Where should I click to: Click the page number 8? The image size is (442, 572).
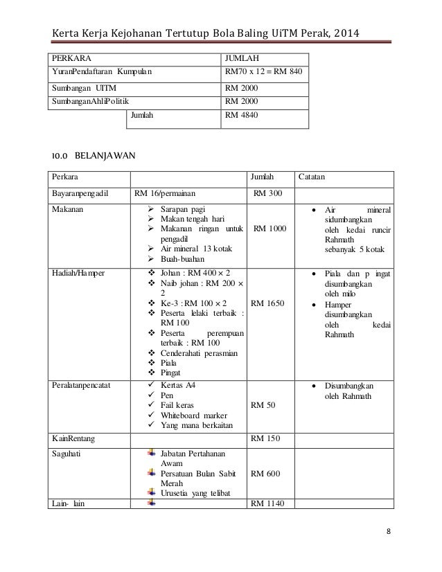[x=389, y=531]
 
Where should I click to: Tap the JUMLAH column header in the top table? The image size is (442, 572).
[x=241, y=57]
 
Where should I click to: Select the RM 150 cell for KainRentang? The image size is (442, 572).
[x=266, y=439]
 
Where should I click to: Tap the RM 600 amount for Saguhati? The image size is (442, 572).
[x=266, y=474]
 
